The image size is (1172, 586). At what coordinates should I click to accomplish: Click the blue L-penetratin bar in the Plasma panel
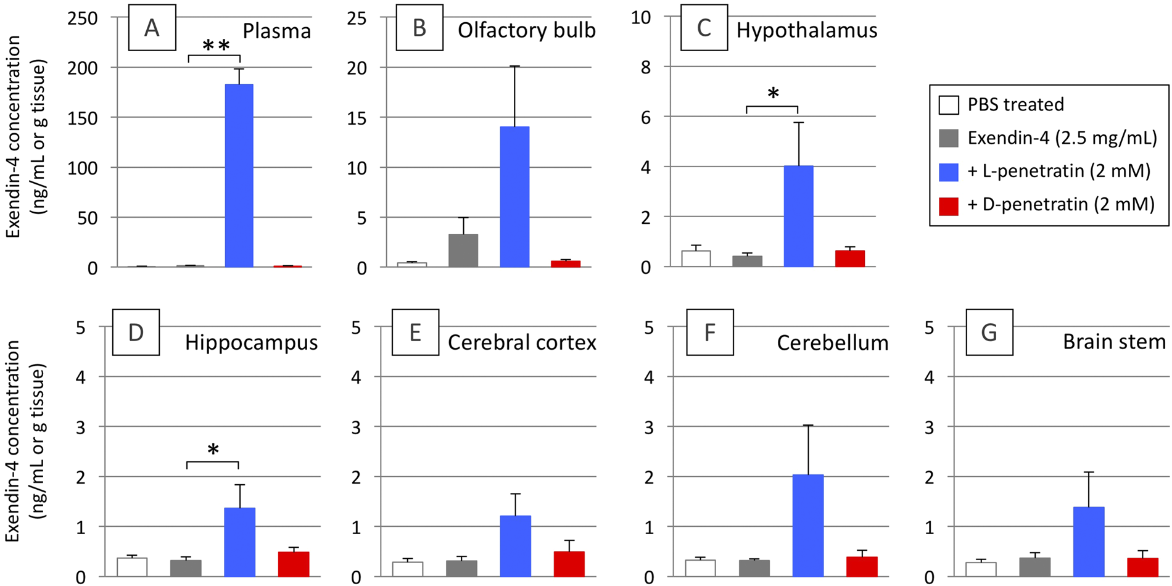coord(239,176)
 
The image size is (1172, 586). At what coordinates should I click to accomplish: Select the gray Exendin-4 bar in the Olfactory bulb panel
coord(463,250)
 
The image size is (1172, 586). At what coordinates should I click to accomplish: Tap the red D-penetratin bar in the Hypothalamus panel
coord(850,258)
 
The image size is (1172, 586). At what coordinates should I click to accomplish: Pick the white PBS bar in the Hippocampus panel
coord(132,567)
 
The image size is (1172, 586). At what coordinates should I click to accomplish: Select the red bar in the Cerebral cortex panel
coord(569,564)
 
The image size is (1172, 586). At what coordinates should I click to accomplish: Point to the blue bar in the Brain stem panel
coord(1089,542)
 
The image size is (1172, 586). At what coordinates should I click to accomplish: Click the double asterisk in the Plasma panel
coord(216,46)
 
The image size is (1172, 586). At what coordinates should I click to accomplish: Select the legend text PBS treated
coord(1015,104)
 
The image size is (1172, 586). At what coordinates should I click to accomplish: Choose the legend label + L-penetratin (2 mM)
coord(1059,171)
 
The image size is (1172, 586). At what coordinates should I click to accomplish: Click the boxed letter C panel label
coord(704,28)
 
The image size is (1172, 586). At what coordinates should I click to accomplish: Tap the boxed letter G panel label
coord(989,332)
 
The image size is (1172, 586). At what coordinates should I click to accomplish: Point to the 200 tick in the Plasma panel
coord(83,68)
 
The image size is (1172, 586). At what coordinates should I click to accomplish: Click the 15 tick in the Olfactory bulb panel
coord(357,118)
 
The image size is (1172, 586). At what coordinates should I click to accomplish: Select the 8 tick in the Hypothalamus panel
coord(645,67)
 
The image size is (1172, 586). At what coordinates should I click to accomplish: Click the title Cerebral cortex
coord(522,342)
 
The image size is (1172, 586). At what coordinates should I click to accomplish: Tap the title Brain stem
coord(1114,342)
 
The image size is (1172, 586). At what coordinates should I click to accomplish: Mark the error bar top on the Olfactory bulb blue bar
coord(514,66)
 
